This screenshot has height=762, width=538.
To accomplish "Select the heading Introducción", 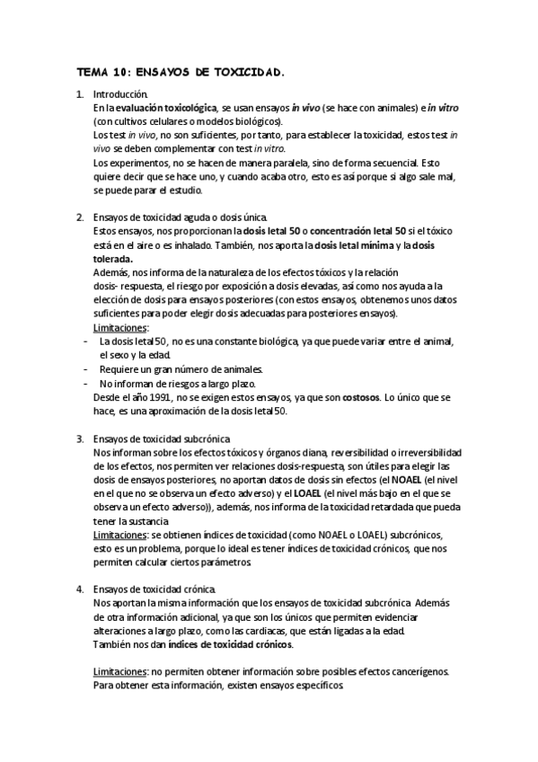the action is click(x=120, y=93).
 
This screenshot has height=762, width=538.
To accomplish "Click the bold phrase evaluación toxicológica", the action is click(x=166, y=107).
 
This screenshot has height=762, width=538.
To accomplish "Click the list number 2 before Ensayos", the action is click(x=80, y=217).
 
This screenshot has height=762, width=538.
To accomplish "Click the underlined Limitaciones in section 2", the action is click(x=121, y=328).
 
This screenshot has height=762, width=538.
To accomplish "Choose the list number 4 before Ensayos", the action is click(x=80, y=589).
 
